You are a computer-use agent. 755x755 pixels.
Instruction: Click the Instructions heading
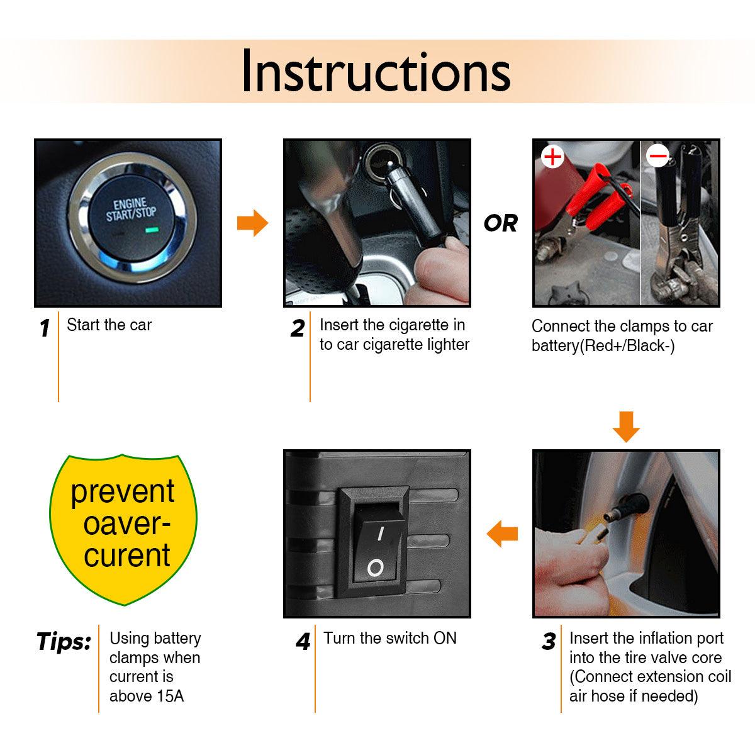[x=376, y=71]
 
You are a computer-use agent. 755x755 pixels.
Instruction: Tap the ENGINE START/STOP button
[x=131, y=218]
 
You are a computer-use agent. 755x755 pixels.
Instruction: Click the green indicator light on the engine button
[x=152, y=230]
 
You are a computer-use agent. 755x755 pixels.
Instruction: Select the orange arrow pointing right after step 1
[x=253, y=223]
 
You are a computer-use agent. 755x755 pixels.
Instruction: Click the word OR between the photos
[x=501, y=223]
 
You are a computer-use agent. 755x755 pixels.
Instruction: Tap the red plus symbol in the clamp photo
[x=552, y=157]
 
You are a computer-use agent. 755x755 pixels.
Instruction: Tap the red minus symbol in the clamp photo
[x=658, y=156]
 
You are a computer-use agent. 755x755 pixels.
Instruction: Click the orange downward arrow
[x=626, y=427]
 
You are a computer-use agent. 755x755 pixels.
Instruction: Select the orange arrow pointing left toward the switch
[x=502, y=534]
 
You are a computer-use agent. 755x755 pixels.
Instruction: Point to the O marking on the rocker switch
[x=376, y=568]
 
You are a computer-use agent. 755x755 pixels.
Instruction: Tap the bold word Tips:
[x=64, y=642]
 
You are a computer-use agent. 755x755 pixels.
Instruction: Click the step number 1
[x=45, y=328]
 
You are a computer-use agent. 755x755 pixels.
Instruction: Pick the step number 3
[x=549, y=642]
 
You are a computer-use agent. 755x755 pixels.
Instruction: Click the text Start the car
[x=109, y=325]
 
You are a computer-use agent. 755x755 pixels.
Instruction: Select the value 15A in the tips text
[x=170, y=696]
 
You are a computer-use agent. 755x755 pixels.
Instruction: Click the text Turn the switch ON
[x=390, y=638]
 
